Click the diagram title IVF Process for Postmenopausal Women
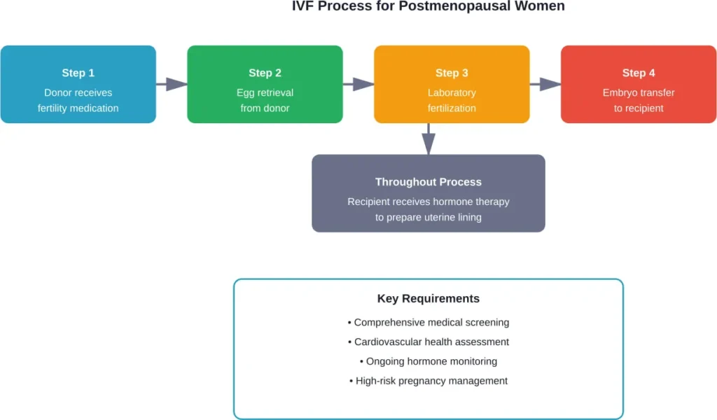tap(428, 7)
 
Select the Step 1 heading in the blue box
tap(78, 73)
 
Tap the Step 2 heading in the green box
tap(265, 73)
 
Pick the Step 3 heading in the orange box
tap(452, 73)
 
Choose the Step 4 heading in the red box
tap(639, 73)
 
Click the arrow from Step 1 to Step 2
tap(172, 85)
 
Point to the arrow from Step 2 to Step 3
tap(358, 85)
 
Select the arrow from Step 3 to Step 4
tap(545, 85)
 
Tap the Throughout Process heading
tap(428, 182)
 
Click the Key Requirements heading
tap(428, 299)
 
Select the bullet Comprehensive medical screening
tap(428, 323)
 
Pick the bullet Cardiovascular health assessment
tap(428, 342)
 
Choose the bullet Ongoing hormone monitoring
tap(428, 362)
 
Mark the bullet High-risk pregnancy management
tap(428, 381)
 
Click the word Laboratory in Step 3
tap(452, 92)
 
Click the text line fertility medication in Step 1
tap(78, 108)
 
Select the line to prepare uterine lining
tap(428, 217)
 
